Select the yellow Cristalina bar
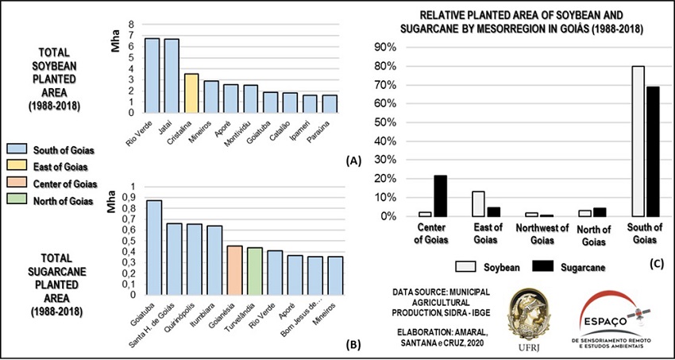[191, 93]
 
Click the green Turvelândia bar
[254, 271]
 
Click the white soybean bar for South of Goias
[638, 141]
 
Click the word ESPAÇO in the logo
[606, 325]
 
